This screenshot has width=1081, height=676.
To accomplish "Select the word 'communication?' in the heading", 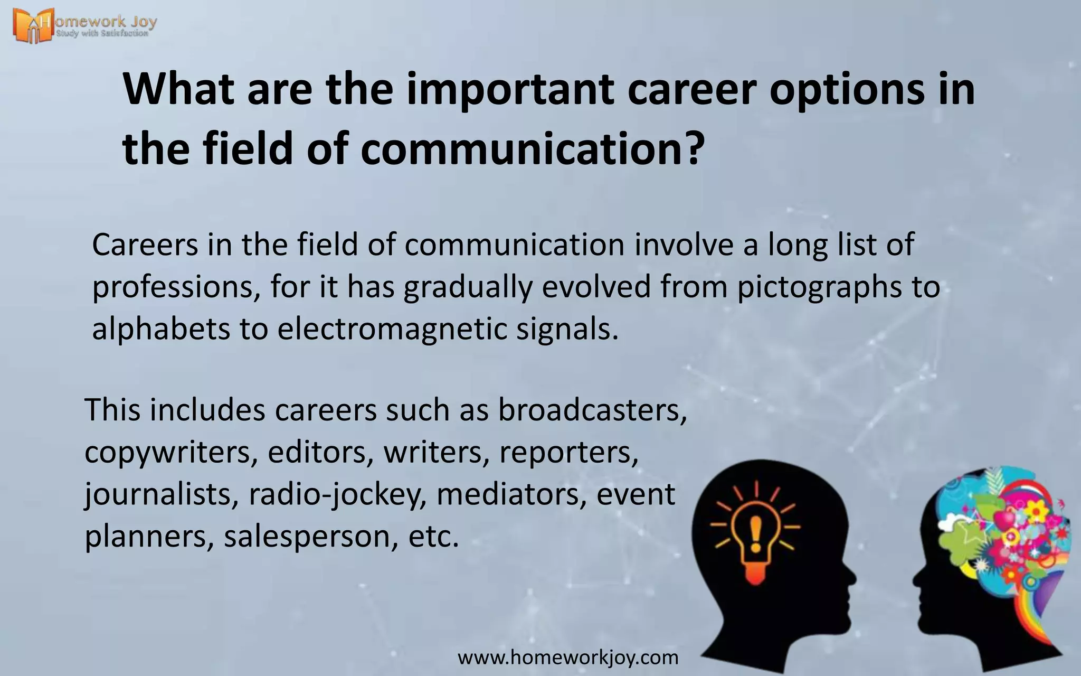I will [x=533, y=148].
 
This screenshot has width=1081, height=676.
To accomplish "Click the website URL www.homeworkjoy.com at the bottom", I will [x=568, y=658].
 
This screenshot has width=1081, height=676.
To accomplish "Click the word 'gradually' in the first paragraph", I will [x=467, y=288].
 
